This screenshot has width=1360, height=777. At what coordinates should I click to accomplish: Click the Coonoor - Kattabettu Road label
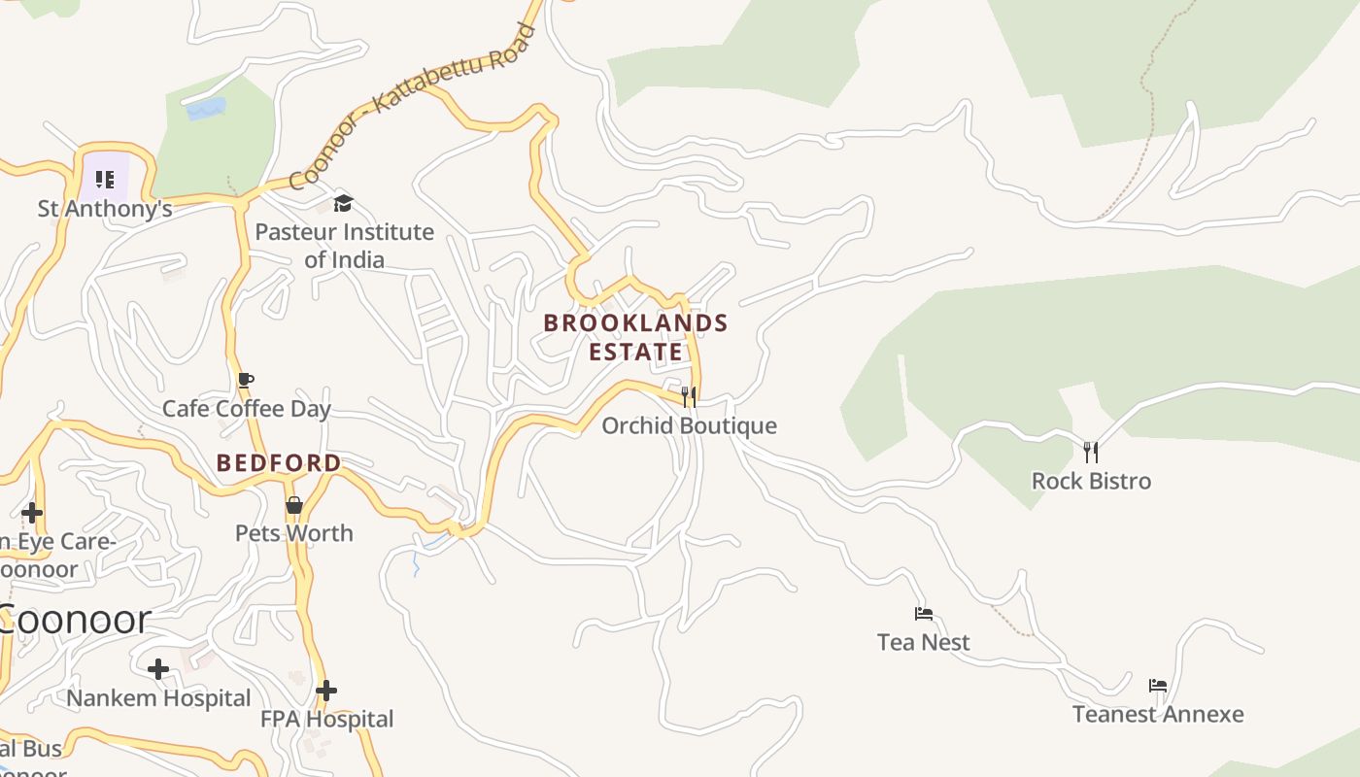(413, 107)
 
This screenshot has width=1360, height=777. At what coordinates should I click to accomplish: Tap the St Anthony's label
(105, 209)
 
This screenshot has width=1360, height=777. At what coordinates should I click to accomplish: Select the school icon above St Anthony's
(105, 179)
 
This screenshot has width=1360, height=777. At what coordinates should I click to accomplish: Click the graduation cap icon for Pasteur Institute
(343, 203)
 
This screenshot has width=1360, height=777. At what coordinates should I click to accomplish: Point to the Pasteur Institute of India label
(344, 246)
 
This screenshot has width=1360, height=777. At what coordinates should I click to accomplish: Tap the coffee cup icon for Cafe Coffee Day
(246, 380)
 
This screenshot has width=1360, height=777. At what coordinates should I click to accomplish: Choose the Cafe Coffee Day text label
(247, 409)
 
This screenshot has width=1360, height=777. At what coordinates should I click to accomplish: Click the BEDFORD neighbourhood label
(279, 463)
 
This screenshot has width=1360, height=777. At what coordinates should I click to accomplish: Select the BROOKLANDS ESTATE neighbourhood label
(635, 337)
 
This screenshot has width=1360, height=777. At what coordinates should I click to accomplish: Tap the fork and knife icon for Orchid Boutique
(689, 396)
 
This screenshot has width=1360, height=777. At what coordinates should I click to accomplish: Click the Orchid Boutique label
(689, 425)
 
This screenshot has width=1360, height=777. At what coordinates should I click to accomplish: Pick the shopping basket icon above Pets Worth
(294, 505)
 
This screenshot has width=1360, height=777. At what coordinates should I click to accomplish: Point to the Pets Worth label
(294, 533)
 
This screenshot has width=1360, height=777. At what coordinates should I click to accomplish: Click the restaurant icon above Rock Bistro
(1091, 452)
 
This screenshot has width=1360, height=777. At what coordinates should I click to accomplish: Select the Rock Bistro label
(1091, 481)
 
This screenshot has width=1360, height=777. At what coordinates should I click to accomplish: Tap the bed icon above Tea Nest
(924, 614)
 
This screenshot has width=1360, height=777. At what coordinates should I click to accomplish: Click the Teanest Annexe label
(1158, 714)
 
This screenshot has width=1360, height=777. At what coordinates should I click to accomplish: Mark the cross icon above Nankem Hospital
(158, 668)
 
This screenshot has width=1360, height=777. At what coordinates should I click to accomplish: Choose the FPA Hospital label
(327, 720)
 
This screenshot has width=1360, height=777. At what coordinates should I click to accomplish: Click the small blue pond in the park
(206, 108)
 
